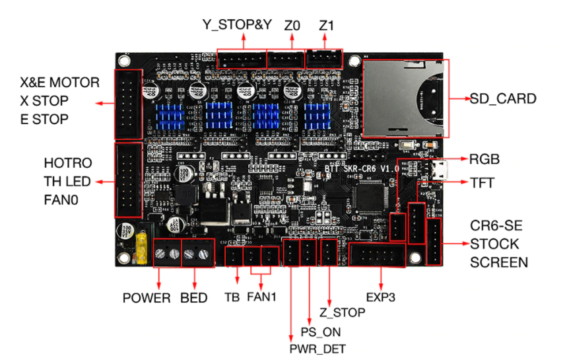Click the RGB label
point(484,159)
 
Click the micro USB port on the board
point(444,170)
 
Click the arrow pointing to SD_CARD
point(458,99)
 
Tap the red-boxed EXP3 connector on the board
point(378,254)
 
